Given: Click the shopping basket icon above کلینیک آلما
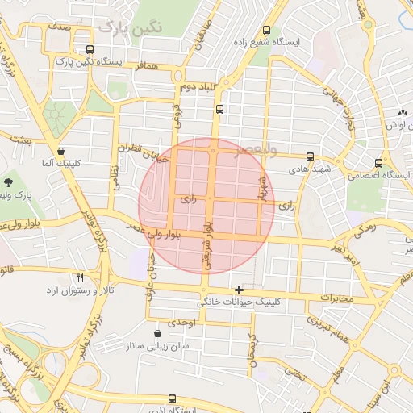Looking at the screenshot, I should [61, 151].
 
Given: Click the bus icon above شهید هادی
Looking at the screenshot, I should [311, 156].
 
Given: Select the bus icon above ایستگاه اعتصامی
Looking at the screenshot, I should [379, 161].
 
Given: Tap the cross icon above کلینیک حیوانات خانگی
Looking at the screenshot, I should [239, 289].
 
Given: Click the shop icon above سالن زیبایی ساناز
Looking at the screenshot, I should [157, 332].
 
